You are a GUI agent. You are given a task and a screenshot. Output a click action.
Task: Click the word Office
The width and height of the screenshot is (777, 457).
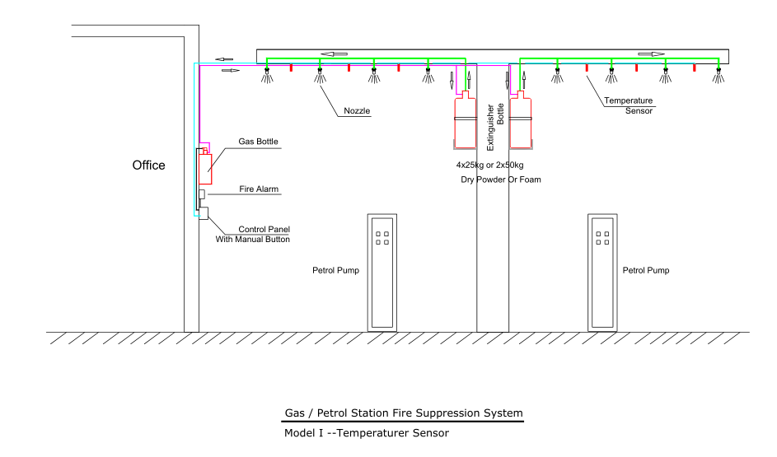point(148,166)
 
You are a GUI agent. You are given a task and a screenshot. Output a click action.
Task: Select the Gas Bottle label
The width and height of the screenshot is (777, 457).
point(258,142)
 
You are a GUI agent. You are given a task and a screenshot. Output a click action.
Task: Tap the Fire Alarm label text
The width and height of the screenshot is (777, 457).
point(259,189)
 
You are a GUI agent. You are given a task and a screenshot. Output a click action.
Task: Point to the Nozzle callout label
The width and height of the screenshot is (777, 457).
point(357,110)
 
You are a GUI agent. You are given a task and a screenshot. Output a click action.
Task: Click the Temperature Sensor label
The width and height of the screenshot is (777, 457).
point(628,105)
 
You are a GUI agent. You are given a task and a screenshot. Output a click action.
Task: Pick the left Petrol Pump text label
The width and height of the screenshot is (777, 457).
point(335,270)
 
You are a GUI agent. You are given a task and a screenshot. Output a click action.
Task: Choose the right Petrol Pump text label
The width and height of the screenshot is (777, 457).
point(646,270)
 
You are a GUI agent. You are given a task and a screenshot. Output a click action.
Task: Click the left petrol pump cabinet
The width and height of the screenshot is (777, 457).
point(383,272)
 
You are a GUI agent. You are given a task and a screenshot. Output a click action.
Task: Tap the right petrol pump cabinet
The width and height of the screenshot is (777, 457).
point(603,272)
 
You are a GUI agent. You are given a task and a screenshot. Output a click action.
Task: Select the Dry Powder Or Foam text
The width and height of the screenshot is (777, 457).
point(500,179)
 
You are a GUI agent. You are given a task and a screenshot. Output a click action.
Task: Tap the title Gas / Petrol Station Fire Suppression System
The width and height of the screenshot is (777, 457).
point(403,413)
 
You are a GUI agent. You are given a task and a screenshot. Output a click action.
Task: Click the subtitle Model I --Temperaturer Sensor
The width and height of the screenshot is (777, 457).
point(366,432)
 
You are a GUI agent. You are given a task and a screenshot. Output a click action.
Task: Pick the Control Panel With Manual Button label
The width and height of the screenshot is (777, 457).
point(254,234)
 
